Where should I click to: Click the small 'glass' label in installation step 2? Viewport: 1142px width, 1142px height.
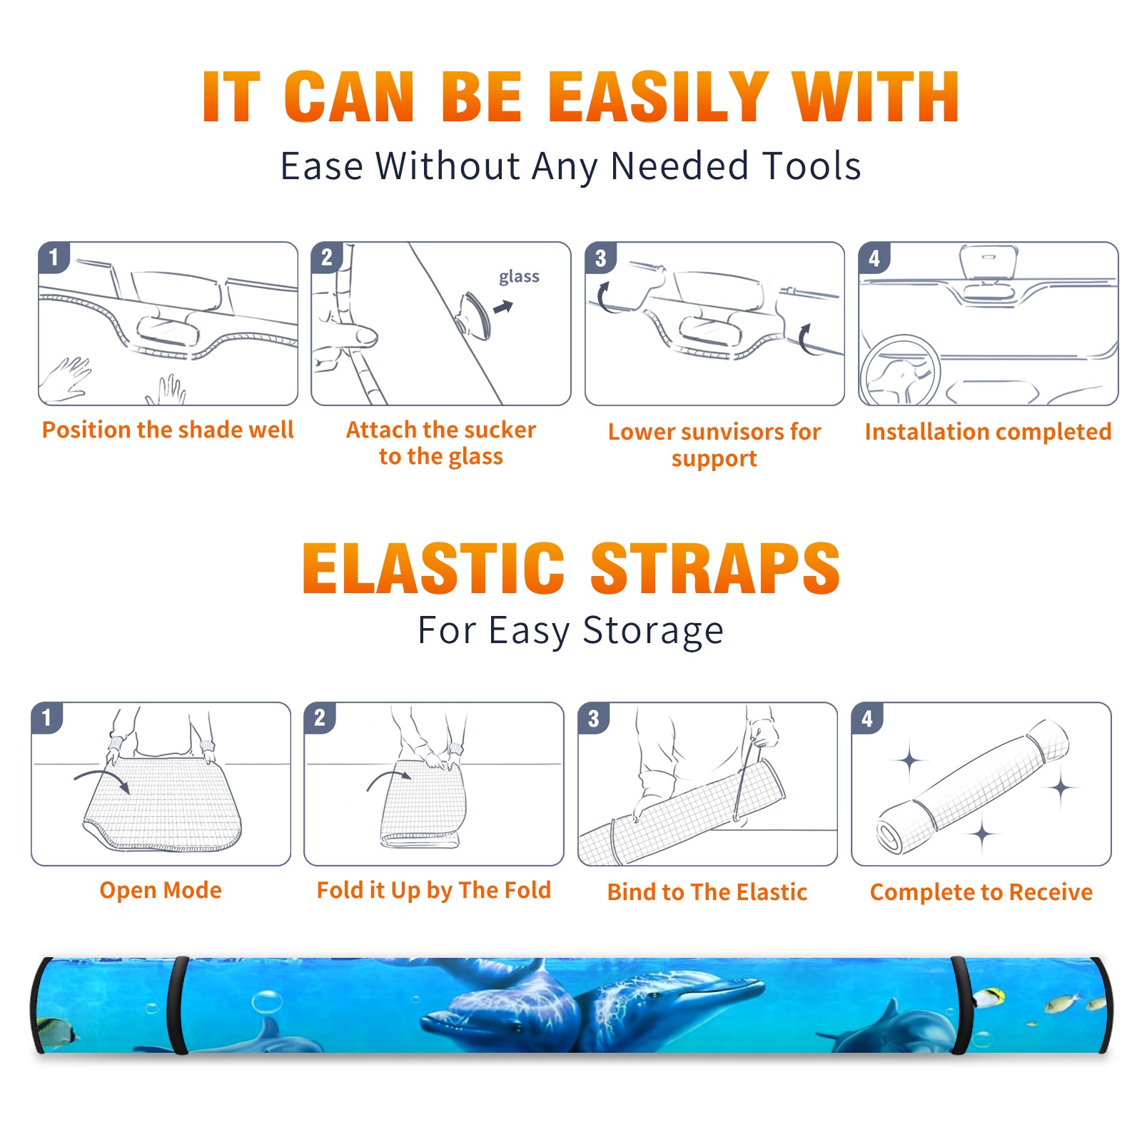coord(519,277)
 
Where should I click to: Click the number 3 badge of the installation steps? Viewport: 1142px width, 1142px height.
coord(600,258)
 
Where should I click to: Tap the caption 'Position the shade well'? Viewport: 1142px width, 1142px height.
coord(168,430)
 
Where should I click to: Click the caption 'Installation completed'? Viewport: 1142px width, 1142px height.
coord(988,431)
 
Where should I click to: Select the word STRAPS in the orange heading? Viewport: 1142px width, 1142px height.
coord(715,568)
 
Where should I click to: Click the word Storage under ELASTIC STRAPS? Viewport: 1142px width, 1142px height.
coord(653,631)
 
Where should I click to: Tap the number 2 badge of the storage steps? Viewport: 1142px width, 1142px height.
coord(320,717)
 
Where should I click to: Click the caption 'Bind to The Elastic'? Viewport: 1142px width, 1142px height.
coord(707,891)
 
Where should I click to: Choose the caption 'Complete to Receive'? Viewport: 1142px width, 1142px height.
coord(981,891)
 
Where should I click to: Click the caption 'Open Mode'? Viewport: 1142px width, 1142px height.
coord(161,890)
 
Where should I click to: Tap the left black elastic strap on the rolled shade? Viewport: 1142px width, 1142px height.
coord(178,1006)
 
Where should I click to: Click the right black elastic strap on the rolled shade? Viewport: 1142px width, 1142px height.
coord(961,1006)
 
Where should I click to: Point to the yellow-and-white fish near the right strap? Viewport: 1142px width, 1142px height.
coord(990,997)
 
